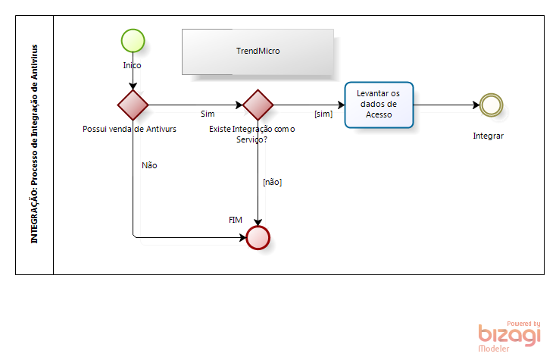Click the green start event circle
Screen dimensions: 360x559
133,40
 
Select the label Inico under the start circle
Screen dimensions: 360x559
133,65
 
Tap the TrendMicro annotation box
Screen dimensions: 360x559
258,51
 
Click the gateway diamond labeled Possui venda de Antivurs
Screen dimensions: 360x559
133,105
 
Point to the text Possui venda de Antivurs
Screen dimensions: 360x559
130,130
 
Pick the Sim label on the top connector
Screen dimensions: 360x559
207,114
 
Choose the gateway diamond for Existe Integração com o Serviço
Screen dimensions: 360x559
258,105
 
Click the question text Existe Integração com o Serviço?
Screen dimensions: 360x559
251,135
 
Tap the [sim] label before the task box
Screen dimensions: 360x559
323,114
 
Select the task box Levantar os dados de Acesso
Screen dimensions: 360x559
379,105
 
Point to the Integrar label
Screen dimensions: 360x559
489,136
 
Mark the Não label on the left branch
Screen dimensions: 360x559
149,164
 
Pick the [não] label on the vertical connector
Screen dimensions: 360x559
272,182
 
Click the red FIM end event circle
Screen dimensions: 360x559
258,237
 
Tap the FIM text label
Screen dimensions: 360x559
236,219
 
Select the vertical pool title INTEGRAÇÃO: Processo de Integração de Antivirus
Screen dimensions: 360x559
35,144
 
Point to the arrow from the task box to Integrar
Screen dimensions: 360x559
447,105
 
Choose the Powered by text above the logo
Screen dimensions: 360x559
523,323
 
